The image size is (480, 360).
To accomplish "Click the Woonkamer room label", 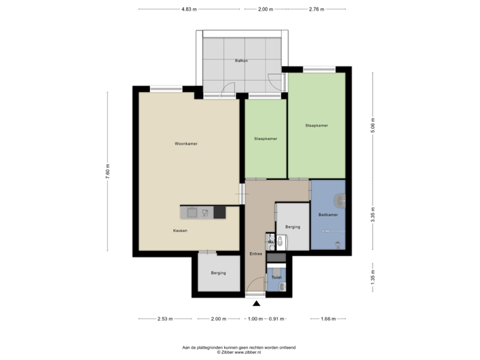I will [186, 144].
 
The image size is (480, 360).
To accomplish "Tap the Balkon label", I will [241, 61].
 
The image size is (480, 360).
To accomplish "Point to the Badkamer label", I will [327, 215].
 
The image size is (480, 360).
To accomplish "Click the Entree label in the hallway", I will [256, 254].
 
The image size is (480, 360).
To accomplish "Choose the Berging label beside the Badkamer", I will [292, 227].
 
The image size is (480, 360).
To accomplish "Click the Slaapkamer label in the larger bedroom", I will [316, 125].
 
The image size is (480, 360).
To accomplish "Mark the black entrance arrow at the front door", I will [256, 303].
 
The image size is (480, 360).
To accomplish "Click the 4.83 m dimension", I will [189, 9].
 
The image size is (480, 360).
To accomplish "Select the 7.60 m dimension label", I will [108, 171].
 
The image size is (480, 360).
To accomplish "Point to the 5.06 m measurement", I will [373, 126].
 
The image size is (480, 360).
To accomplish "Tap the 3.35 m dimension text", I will [373, 215].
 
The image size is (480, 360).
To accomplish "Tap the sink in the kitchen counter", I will [192, 213].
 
